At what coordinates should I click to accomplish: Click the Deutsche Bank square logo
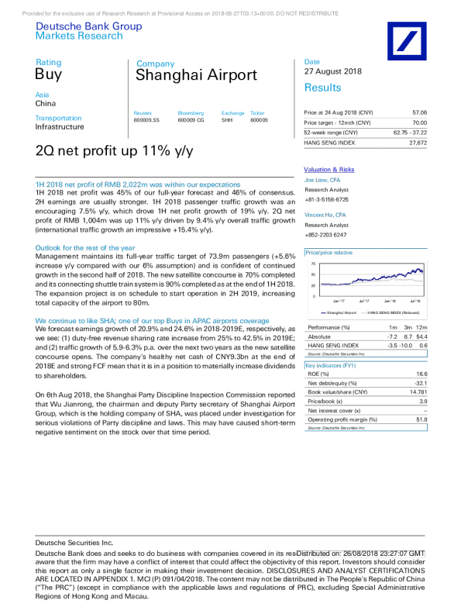point(407,41)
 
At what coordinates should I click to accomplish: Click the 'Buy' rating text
point(48,75)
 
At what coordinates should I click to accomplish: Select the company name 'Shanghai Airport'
point(196,75)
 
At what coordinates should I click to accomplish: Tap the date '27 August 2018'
point(333,71)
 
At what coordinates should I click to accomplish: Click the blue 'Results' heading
point(322,88)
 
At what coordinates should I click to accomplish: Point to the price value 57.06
point(419,112)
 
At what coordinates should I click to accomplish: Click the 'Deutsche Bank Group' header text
point(88,26)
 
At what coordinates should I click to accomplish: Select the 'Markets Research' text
point(79,36)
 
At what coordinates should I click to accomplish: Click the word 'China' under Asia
point(46,103)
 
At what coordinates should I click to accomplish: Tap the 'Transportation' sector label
point(58,119)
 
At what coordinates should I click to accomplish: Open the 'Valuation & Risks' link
point(329,169)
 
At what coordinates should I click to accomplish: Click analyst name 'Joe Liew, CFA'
point(322,180)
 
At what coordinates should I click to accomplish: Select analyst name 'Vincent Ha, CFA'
point(325,215)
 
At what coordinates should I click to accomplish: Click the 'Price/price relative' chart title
point(329,253)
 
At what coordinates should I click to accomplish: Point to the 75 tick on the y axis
point(313,264)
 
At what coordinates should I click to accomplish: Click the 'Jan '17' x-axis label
point(339,301)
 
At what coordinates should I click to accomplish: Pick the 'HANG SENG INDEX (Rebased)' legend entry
point(394,312)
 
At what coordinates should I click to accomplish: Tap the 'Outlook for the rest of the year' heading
point(85,248)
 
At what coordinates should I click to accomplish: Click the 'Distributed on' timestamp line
point(360,554)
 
